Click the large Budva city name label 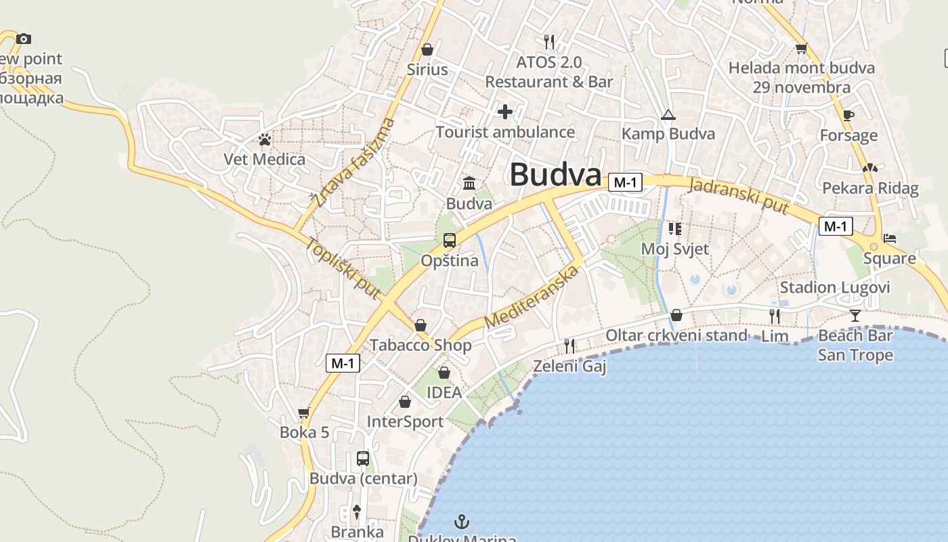[x=555, y=174]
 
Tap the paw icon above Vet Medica [x=265, y=140]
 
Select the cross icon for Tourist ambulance [x=505, y=112]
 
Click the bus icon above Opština [x=449, y=241]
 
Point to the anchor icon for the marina [x=461, y=522]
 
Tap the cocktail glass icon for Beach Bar [x=855, y=315]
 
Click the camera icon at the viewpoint [x=24, y=39]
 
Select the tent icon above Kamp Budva [x=668, y=114]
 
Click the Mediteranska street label [x=532, y=297]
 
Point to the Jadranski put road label [x=739, y=195]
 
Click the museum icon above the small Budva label [x=469, y=184]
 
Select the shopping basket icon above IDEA [x=444, y=373]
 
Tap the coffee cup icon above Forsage [x=848, y=115]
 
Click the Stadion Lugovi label [x=834, y=287]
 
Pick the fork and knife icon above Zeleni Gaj [x=569, y=346]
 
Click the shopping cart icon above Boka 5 [x=304, y=413]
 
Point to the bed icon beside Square [x=890, y=238]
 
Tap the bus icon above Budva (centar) [x=363, y=459]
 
